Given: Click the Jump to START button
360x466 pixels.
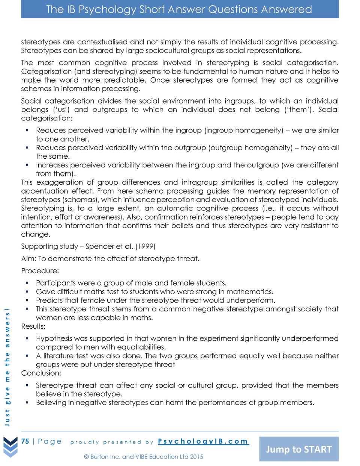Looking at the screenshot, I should click(x=299, y=449).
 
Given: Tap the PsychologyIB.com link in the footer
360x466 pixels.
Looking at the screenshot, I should click(x=203, y=441).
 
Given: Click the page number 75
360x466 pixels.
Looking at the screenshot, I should click(x=25, y=441).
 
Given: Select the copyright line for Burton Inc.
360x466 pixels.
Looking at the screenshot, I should click(x=144, y=457).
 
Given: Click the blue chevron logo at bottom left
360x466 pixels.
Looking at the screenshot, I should click(x=10, y=447).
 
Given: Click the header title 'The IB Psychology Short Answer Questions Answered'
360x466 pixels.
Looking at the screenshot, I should click(x=179, y=9).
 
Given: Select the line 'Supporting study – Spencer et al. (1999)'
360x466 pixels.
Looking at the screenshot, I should click(x=88, y=247).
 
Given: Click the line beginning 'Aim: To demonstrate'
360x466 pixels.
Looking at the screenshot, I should click(x=110, y=259).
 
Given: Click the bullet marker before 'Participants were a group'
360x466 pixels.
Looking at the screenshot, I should click(x=27, y=283).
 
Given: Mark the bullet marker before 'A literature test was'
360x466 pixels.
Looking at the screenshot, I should click(x=27, y=356).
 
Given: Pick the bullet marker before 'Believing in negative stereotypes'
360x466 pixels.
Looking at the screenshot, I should click(x=27, y=403).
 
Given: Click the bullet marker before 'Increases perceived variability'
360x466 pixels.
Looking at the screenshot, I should click(x=27, y=165).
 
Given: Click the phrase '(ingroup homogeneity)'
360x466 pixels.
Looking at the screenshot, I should click(x=244, y=131).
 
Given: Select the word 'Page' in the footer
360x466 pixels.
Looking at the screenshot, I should click(x=50, y=441).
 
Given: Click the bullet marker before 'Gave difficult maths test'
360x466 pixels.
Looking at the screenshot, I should click(x=27, y=292).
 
